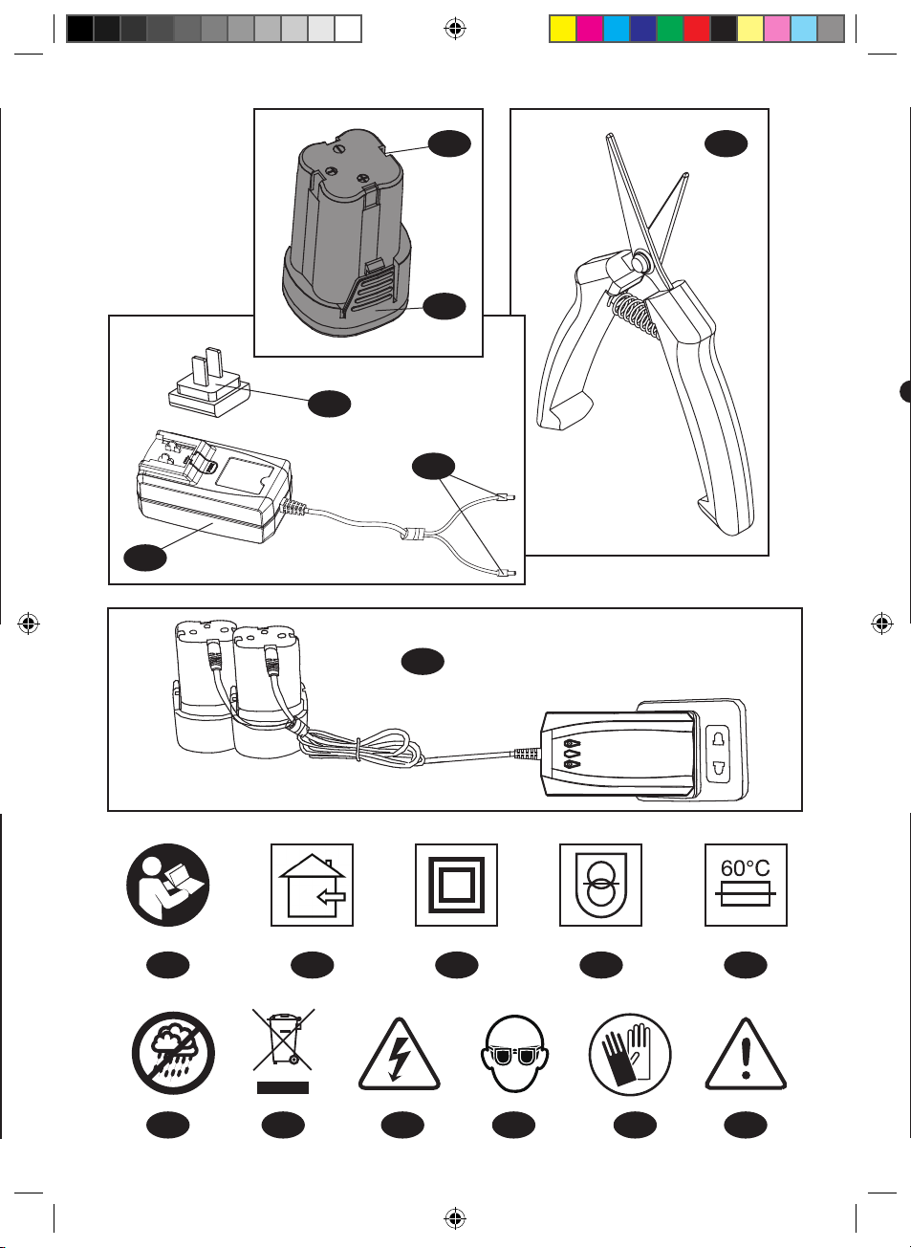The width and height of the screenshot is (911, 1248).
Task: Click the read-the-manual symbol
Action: tap(167, 886)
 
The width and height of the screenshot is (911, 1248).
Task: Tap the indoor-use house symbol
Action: tap(312, 886)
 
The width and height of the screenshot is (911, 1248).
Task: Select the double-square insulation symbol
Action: tap(456, 886)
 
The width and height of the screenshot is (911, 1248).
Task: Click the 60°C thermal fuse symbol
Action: tap(746, 886)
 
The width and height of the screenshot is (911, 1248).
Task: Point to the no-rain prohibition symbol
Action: tap(173, 1054)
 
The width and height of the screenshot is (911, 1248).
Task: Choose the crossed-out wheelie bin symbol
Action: tap(283, 1051)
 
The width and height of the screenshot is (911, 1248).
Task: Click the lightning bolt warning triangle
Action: tap(400, 1055)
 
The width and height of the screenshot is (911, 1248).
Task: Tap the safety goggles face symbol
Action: tap(514, 1053)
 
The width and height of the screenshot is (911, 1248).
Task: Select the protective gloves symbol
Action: tap(630, 1054)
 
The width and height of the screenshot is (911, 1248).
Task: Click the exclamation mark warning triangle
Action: tap(746, 1055)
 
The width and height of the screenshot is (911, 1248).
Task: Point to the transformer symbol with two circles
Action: tap(600, 886)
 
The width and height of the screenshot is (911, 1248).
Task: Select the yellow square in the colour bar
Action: tap(562, 29)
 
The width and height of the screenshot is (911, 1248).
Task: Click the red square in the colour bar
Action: tap(697, 29)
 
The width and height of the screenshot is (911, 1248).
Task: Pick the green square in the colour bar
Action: tap(670, 29)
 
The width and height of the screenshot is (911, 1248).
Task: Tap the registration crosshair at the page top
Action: tap(455, 28)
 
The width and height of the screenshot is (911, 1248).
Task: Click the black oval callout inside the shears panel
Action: tap(727, 143)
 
